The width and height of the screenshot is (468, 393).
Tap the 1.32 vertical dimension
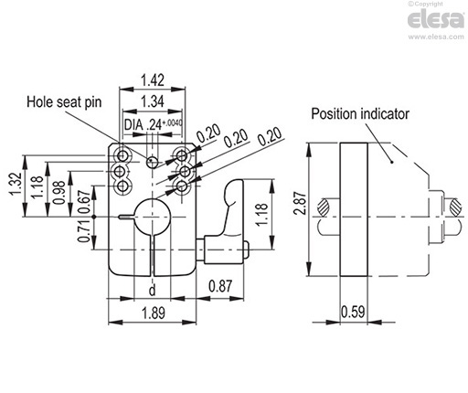(13, 186)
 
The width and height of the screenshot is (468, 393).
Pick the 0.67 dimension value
(83, 202)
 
